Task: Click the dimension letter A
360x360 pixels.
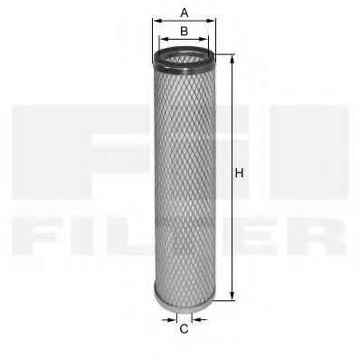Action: pos(184,12)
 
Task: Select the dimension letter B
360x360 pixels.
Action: pos(184,31)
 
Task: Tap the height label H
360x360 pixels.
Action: pos(239,173)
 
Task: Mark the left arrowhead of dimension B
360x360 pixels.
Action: pos(161,41)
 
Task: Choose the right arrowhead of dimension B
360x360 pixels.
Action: pos(207,41)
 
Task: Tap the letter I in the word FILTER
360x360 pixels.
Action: pos(95,237)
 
